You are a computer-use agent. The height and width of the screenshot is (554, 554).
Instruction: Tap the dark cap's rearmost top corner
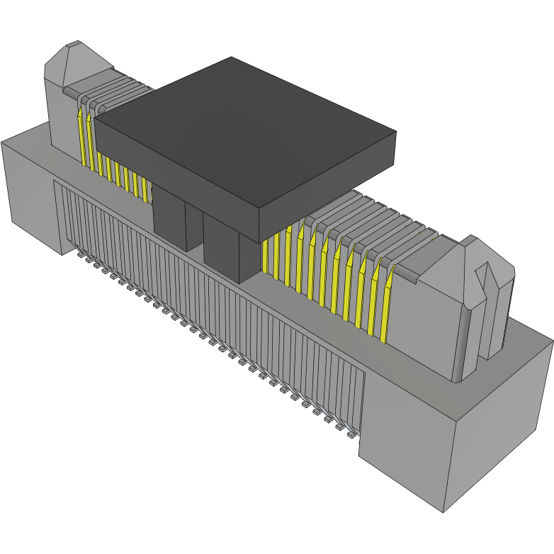231,58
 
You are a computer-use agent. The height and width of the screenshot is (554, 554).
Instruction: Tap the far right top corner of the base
552,341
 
